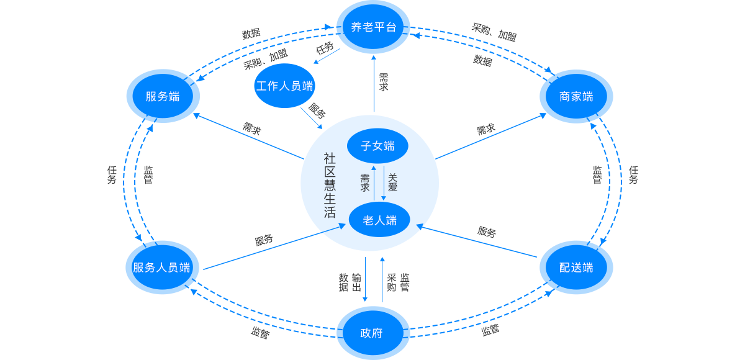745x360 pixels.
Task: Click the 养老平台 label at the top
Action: [x=374, y=27]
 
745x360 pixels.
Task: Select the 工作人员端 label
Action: [x=284, y=86]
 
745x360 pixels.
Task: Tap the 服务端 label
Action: [x=163, y=97]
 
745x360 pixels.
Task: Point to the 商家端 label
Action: [x=576, y=97]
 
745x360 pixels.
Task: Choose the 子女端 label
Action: [x=377, y=146]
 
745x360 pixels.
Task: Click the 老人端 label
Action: [x=379, y=220]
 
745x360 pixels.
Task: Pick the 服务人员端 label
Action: [x=161, y=268]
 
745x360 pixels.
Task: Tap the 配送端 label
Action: [x=576, y=268]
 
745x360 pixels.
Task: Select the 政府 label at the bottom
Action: [x=371, y=333]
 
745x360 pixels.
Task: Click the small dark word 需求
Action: [x=365, y=183]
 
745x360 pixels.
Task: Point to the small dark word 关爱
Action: [x=392, y=183]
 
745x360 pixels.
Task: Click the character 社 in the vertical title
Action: [x=330, y=158]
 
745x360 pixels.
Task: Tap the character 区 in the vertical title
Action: [x=330, y=172]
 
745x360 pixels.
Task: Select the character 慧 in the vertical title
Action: [x=330, y=186]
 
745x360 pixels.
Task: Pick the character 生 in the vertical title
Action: [x=330, y=199]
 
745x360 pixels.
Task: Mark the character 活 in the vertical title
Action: [x=330, y=212]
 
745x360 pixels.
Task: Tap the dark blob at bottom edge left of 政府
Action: [x=252, y=343]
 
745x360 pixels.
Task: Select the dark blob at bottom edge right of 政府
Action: [x=498, y=341]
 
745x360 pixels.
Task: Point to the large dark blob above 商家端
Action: [x=505, y=22]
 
